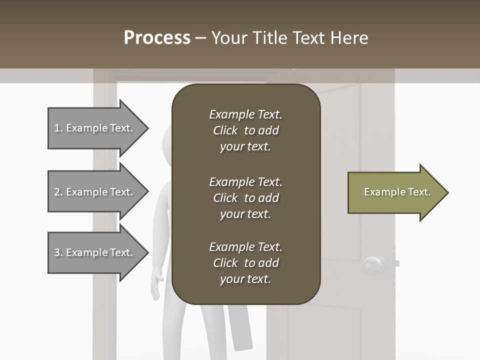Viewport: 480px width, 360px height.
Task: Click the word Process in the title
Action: click(157, 38)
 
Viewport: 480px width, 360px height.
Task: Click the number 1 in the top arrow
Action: click(57, 128)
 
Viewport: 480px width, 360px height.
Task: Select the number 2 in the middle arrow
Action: click(57, 192)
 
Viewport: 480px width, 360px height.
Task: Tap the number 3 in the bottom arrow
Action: click(57, 252)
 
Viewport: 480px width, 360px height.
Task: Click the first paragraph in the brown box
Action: click(245, 130)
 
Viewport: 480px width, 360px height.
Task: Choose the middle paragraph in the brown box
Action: click(245, 198)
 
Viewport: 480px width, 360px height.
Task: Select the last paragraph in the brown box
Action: click(245, 263)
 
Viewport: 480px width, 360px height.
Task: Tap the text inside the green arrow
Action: click(397, 192)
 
